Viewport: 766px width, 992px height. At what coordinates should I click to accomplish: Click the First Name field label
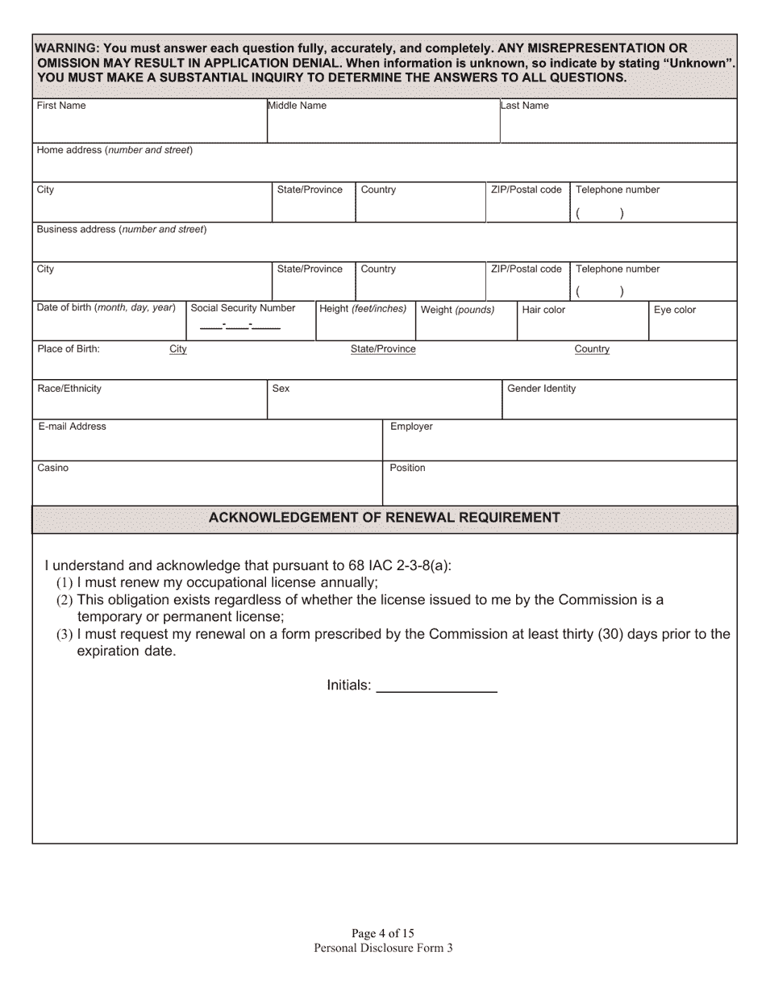(x=61, y=106)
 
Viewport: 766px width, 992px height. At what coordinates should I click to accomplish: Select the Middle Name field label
(x=297, y=106)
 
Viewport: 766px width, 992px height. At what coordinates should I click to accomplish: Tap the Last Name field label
(x=525, y=106)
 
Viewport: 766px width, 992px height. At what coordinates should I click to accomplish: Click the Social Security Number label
(x=243, y=308)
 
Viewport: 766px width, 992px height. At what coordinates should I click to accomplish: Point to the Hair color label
(x=543, y=310)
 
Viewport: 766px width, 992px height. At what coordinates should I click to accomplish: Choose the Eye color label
(x=674, y=310)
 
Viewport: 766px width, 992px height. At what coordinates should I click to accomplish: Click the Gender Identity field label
(x=541, y=389)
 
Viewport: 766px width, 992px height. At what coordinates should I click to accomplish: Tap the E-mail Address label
(x=72, y=427)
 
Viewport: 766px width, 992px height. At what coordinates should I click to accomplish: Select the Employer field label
(x=411, y=427)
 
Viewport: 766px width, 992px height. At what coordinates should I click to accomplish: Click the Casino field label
(x=53, y=468)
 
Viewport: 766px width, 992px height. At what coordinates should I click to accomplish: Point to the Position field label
(x=407, y=468)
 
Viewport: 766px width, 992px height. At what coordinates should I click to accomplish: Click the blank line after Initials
(x=436, y=686)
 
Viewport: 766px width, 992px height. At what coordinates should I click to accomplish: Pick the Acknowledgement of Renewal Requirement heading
(x=384, y=518)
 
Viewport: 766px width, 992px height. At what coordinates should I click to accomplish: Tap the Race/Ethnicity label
(x=69, y=389)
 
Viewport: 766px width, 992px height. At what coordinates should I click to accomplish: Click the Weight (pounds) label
(x=457, y=310)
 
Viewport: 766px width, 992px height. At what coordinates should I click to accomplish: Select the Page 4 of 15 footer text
(x=383, y=934)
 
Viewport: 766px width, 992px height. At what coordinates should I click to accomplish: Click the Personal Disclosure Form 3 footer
(x=383, y=948)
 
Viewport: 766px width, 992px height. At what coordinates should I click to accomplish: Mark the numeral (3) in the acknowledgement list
(x=65, y=635)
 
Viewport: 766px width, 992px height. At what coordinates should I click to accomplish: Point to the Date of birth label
(x=106, y=308)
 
